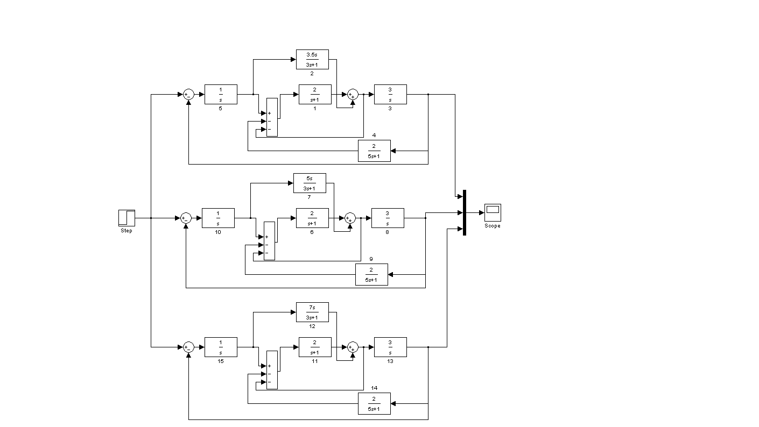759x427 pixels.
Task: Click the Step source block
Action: click(x=127, y=218)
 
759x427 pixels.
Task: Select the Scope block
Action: click(x=493, y=212)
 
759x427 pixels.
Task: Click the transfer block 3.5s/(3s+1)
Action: click(x=312, y=59)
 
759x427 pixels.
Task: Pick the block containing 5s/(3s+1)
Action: click(x=310, y=183)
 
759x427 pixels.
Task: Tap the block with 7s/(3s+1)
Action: click(x=312, y=312)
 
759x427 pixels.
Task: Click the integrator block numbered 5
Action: click(x=221, y=95)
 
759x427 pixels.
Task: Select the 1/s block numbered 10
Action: click(x=218, y=218)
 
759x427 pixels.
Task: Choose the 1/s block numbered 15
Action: click(x=221, y=347)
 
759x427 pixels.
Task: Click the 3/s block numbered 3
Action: click(x=390, y=95)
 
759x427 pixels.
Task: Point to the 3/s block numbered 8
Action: click(x=388, y=218)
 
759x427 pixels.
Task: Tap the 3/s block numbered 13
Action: click(x=390, y=347)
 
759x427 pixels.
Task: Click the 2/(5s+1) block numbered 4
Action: click(x=374, y=151)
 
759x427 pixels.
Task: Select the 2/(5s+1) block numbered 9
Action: click(x=371, y=274)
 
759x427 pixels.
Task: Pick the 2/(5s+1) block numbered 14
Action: click(x=374, y=403)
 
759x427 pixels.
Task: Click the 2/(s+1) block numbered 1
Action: click(x=315, y=95)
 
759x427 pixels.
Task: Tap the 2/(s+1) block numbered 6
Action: click(x=312, y=218)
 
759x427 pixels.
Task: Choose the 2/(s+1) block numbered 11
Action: click(x=315, y=347)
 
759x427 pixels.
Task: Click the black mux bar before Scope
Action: click(x=464, y=212)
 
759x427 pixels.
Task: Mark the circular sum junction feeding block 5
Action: click(x=188, y=95)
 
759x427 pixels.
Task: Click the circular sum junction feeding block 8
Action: click(x=350, y=218)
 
